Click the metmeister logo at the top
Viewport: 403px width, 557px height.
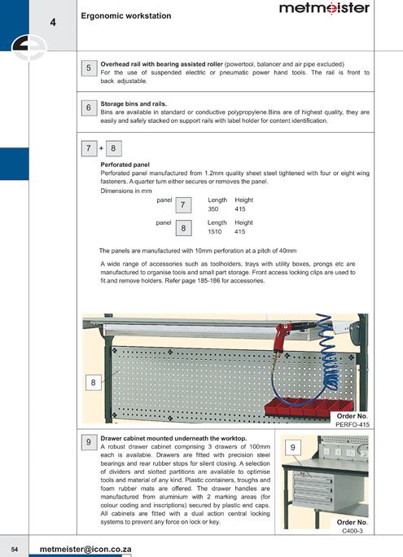324,8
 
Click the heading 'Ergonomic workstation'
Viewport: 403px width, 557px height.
126,16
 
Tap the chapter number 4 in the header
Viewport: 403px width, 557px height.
53,22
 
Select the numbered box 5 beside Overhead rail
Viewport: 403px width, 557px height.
89,68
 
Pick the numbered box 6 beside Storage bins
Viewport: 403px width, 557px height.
89,107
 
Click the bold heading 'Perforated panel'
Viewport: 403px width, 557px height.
125,164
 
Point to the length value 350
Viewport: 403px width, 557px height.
213,209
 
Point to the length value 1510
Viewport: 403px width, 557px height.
215,231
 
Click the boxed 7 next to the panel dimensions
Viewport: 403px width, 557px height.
183,205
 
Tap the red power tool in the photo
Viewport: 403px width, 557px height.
286,340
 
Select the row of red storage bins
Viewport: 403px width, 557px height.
309,407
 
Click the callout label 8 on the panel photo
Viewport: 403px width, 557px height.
93,383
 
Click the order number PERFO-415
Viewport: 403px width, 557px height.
353,424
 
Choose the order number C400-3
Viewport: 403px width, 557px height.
353,531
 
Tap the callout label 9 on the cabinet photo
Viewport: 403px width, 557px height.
293,448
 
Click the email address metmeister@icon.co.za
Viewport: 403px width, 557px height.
85,549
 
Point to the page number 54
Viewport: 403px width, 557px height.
15,550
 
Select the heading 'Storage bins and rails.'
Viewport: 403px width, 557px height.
134,104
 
